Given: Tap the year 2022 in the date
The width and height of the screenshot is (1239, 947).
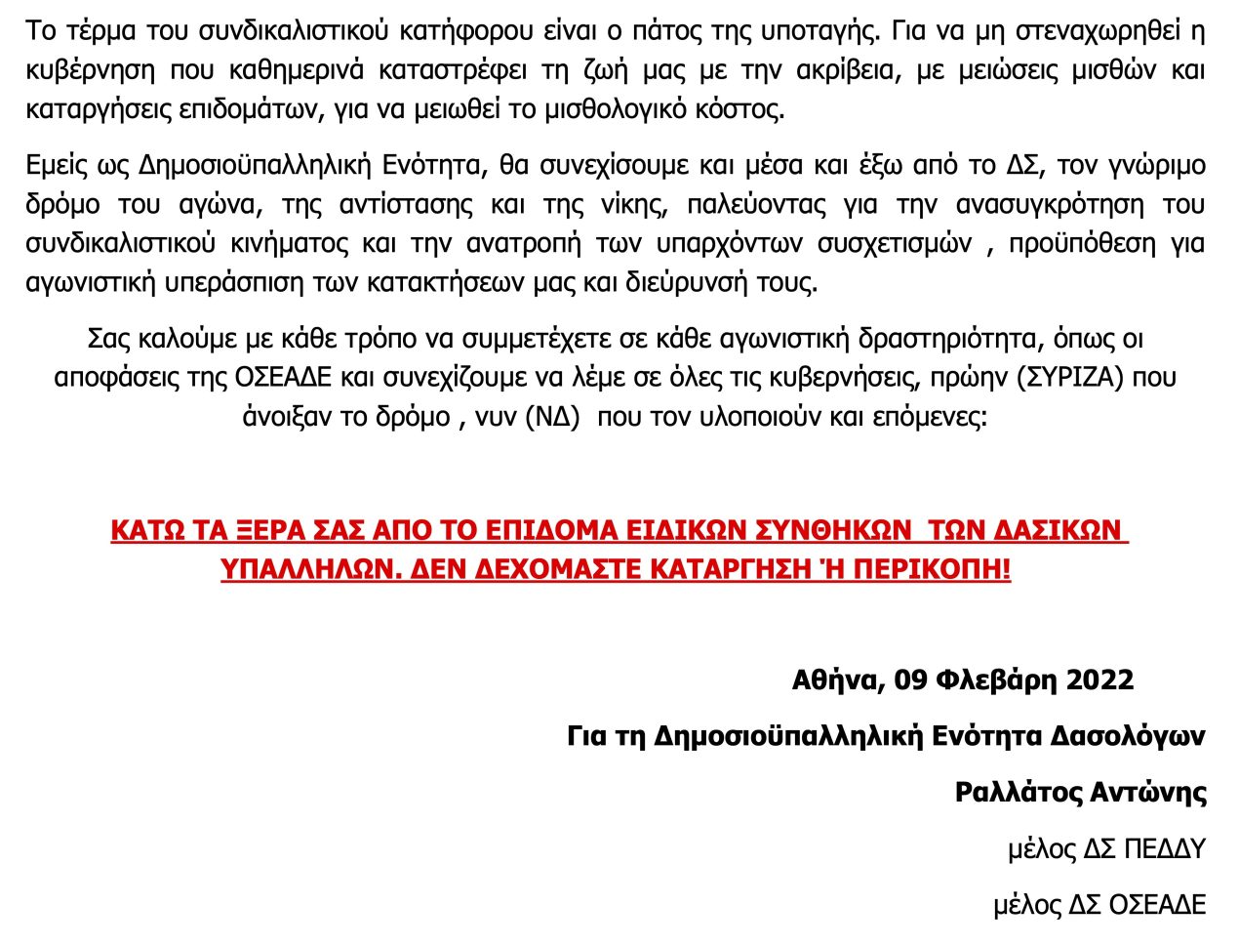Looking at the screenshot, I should (1090, 679).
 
